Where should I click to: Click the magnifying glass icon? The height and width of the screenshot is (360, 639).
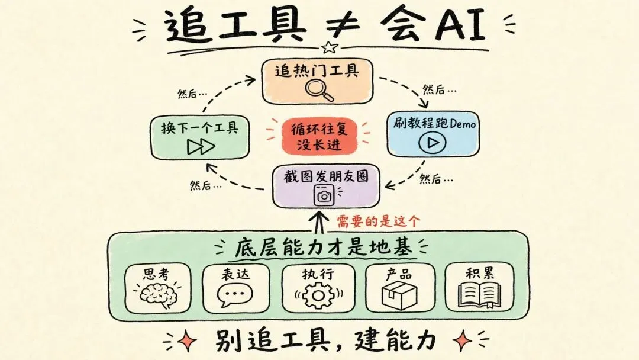pyautogui.click(x=319, y=89)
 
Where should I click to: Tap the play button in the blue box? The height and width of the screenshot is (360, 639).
pyautogui.click(x=433, y=142)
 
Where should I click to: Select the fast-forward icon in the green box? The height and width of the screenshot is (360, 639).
pyautogui.click(x=201, y=147)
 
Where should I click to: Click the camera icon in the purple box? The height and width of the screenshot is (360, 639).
pyautogui.click(x=324, y=195)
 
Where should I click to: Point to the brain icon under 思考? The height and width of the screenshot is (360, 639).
pyautogui.click(x=159, y=295)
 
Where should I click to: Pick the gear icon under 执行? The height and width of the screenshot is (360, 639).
pyautogui.click(x=318, y=295)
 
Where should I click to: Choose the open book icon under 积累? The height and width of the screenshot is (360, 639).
pyautogui.click(x=480, y=295)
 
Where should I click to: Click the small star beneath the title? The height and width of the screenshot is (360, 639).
pyautogui.click(x=330, y=47)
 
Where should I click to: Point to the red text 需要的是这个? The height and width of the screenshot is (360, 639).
pyautogui.click(x=378, y=221)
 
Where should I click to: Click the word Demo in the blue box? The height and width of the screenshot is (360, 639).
pyautogui.click(x=463, y=123)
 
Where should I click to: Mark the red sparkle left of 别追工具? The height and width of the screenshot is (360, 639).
pyautogui.click(x=186, y=340)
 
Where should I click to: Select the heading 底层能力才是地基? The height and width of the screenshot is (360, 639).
pyautogui.click(x=324, y=247)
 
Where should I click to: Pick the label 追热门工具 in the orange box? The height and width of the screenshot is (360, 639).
pyautogui.click(x=317, y=70)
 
